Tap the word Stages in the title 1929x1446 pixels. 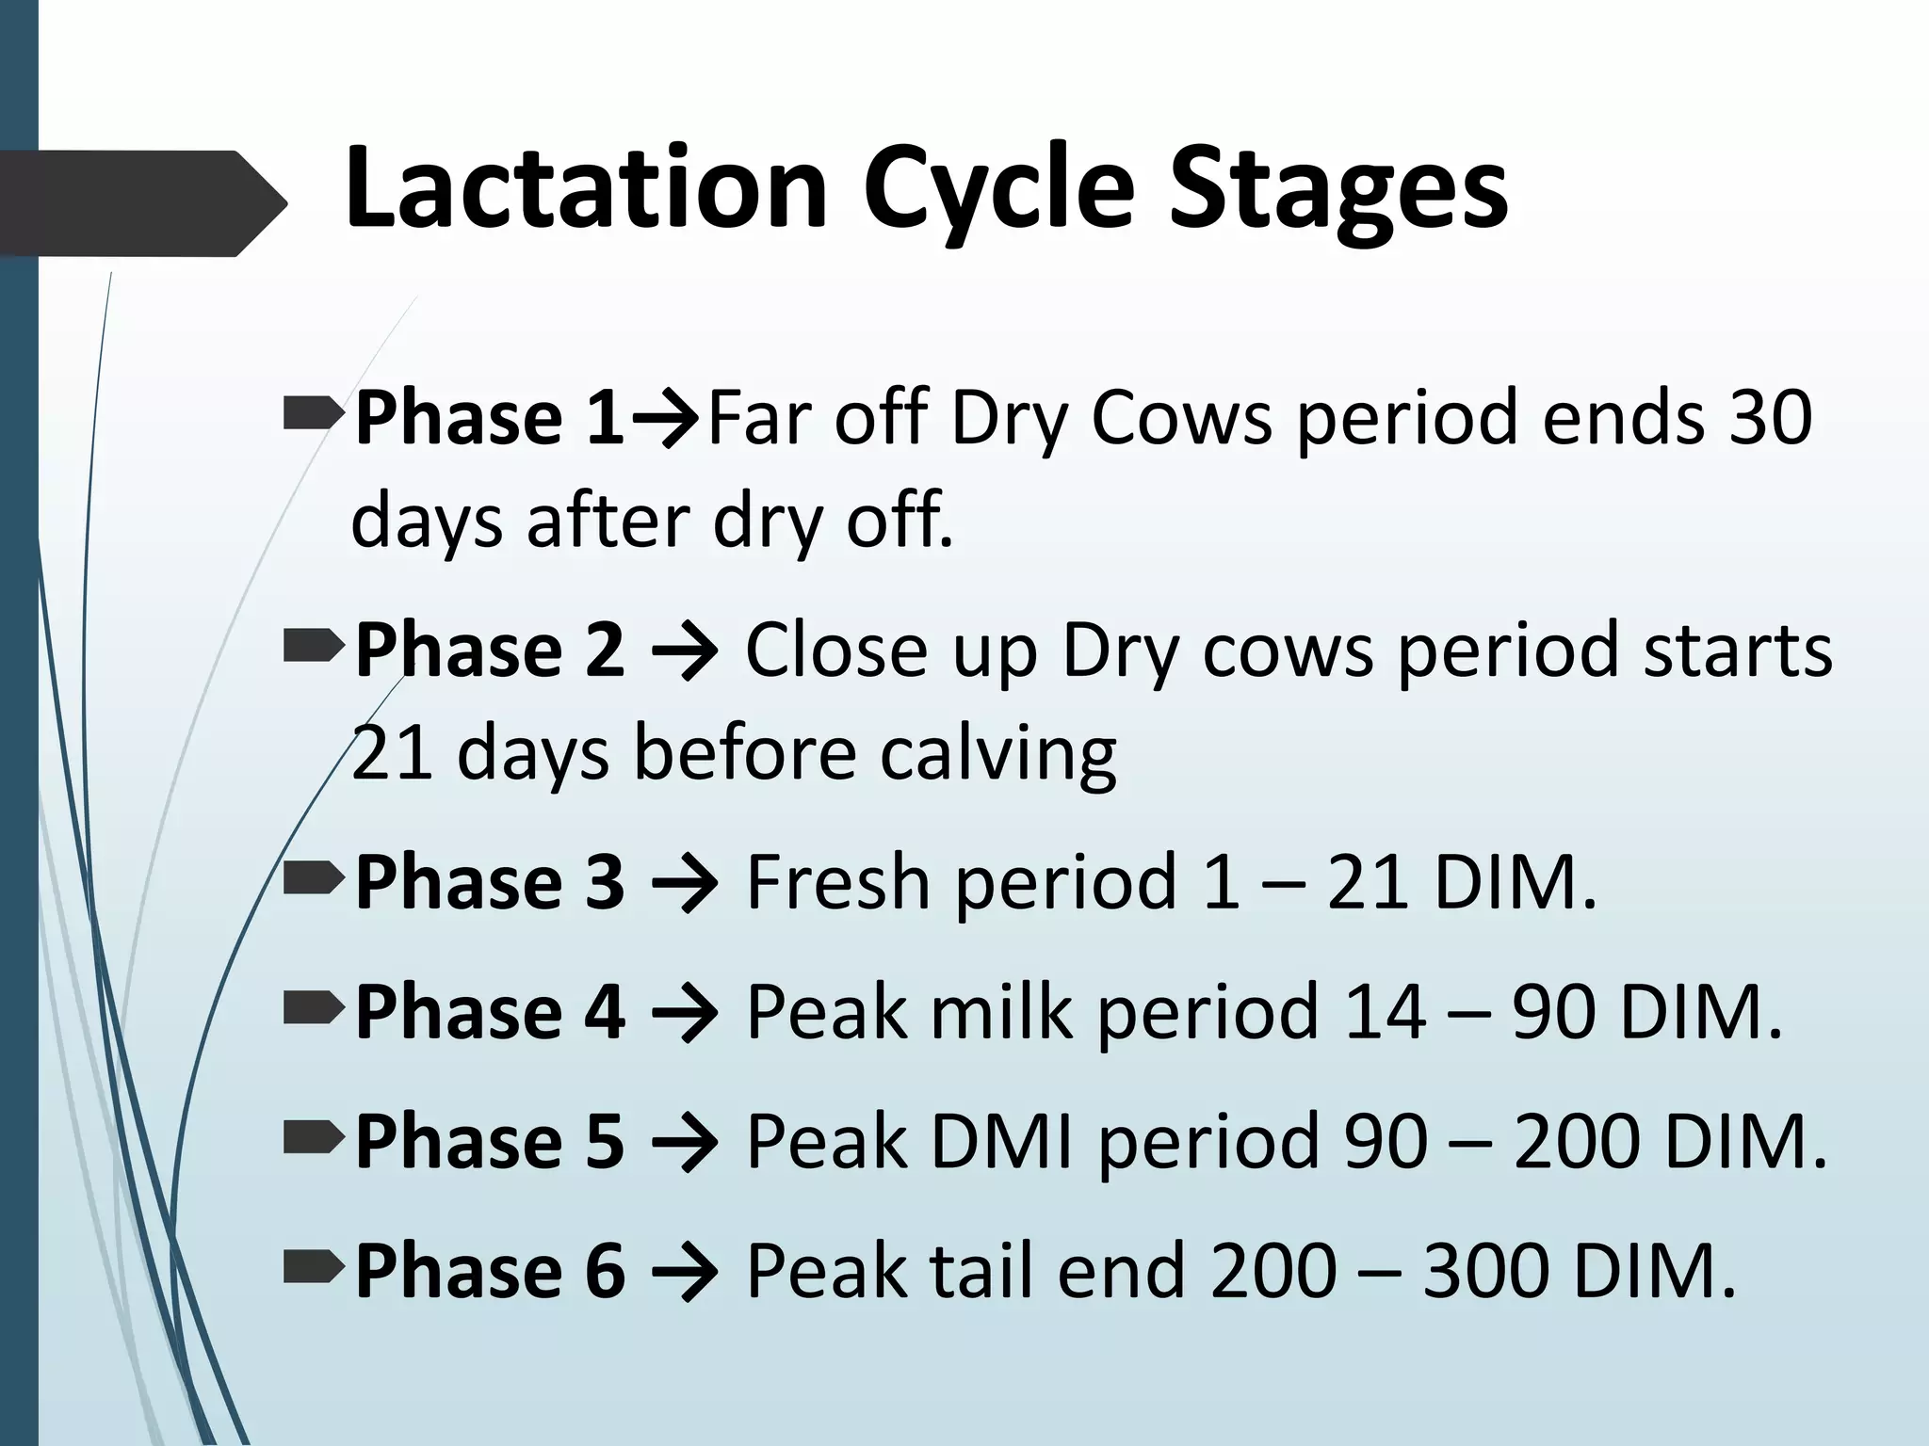pos(1338,191)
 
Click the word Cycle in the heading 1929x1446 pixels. pos(998,191)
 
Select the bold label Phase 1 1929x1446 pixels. pos(489,418)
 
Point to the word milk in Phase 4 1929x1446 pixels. pos(1002,1012)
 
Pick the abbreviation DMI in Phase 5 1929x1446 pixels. pos(1002,1142)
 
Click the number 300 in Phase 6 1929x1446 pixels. pos(1486,1272)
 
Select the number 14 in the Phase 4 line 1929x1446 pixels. pos(1385,1012)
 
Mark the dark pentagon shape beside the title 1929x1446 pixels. pos(141,202)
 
